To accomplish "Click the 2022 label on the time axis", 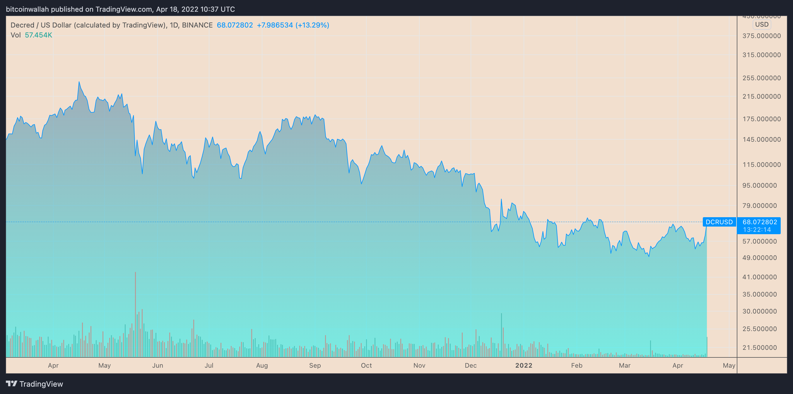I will tap(524, 365).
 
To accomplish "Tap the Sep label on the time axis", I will tap(315, 365).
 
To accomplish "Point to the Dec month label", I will tap(471, 365).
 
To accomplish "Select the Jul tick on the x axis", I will tap(209, 365).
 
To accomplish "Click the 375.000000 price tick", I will tap(761, 36).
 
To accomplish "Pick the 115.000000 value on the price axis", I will tap(761, 165).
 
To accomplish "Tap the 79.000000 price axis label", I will tap(759, 205).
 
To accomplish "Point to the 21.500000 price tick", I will tap(759, 347).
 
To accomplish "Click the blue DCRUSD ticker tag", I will tap(719, 222).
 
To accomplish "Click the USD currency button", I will tap(762, 25).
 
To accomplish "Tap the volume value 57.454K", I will tap(38, 35).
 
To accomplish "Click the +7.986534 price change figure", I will tap(275, 25).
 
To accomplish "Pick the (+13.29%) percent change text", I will tap(312, 25).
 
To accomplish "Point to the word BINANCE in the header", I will tap(197, 25).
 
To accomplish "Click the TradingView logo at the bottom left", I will tap(35, 384).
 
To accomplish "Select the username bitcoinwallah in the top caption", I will tap(28, 9).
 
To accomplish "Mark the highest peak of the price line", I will tap(79, 82).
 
